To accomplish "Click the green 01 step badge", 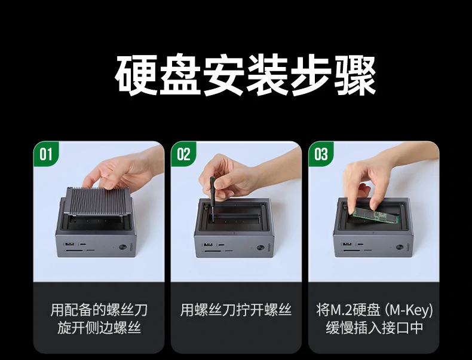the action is [x=46, y=154].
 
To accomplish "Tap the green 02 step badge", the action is [x=183, y=154].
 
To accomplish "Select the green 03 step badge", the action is [x=321, y=154].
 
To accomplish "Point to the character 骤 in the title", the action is [x=355, y=75].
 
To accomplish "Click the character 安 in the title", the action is [x=223, y=75].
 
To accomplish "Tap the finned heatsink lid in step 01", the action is [x=98, y=202].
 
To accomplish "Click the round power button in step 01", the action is [x=122, y=248].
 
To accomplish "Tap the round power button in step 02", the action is [x=260, y=248].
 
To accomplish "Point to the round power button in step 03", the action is [x=400, y=247].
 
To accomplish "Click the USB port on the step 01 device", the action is [x=68, y=244].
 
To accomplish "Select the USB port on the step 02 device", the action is [x=207, y=245].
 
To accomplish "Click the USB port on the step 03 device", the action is [x=347, y=244].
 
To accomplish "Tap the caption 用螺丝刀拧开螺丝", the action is [x=236, y=310].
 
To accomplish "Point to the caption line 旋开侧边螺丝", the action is [x=99, y=328].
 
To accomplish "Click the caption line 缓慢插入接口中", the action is [x=374, y=328].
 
